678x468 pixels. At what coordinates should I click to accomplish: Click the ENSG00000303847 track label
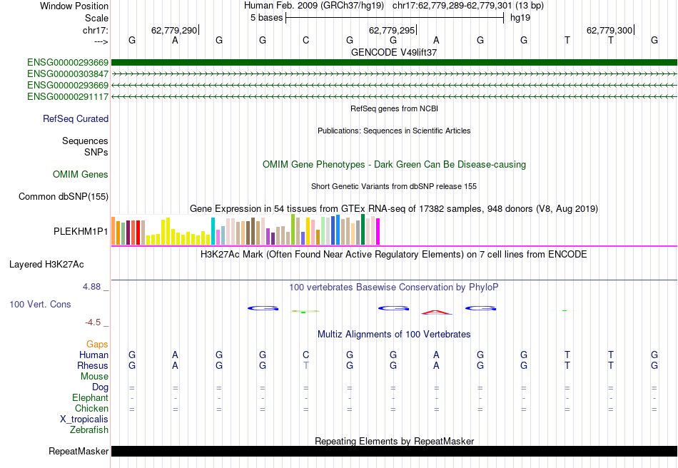tap(68, 73)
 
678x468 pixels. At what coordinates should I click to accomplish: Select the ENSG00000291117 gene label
tap(68, 96)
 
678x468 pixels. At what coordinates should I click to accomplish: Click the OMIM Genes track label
tap(81, 175)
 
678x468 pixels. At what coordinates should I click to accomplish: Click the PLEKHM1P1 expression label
tap(81, 232)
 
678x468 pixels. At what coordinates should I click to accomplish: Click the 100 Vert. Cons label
tap(40, 305)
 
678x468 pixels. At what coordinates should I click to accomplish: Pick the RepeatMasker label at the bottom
tap(79, 452)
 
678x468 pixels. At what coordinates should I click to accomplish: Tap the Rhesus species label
tap(93, 366)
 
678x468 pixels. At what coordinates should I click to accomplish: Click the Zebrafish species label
tap(89, 430)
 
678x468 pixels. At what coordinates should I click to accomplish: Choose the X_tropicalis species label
tap(84, 419)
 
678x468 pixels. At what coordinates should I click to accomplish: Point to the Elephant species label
tap(90, 398)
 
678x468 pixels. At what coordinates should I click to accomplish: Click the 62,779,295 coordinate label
tap(391, 31)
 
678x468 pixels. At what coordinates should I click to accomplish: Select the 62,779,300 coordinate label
tap(609, 31)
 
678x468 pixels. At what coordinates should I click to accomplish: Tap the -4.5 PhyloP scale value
tap(93, 322)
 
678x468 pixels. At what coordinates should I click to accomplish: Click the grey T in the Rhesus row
tap(306, 366)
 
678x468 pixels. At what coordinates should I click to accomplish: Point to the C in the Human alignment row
tap(306, 355)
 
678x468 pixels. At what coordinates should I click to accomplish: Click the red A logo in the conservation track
tap(436, 311)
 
